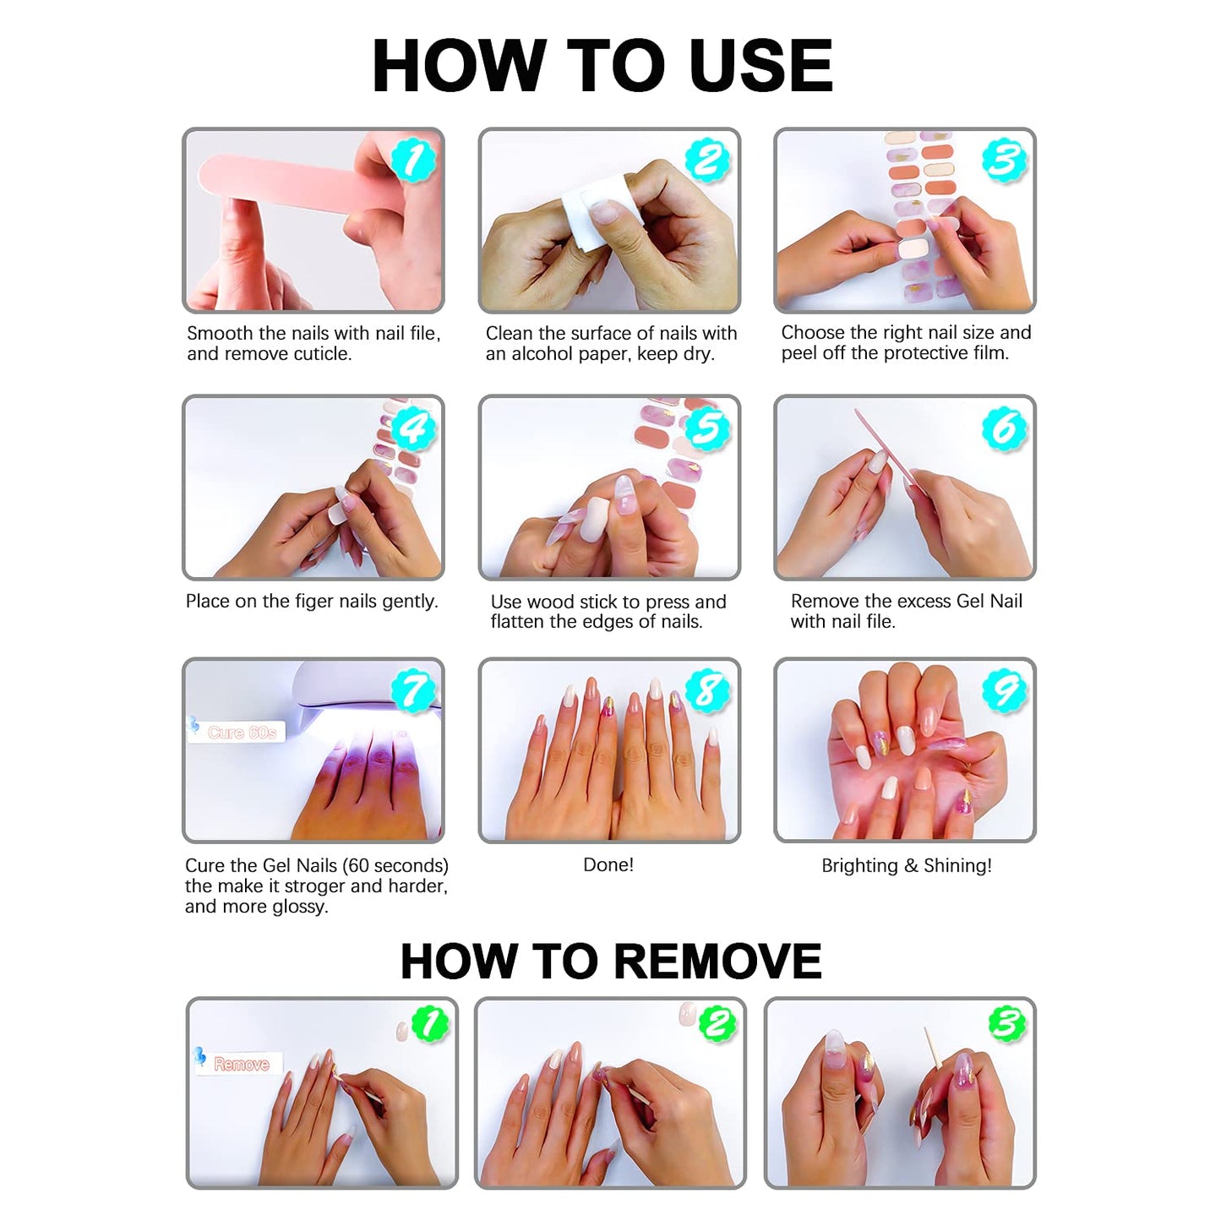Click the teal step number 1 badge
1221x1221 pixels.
[413, 160]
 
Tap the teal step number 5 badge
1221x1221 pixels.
[708, 428]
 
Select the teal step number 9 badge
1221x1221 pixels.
[1004, 691]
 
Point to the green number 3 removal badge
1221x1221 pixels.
[1006, 1023]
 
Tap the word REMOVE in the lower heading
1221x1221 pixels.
[717, 961]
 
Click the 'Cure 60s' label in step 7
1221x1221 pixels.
[242, 732]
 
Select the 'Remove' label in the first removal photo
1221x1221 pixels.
[241, 1064]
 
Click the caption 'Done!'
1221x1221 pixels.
[608, 864]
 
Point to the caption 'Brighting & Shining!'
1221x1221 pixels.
[906, 865]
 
